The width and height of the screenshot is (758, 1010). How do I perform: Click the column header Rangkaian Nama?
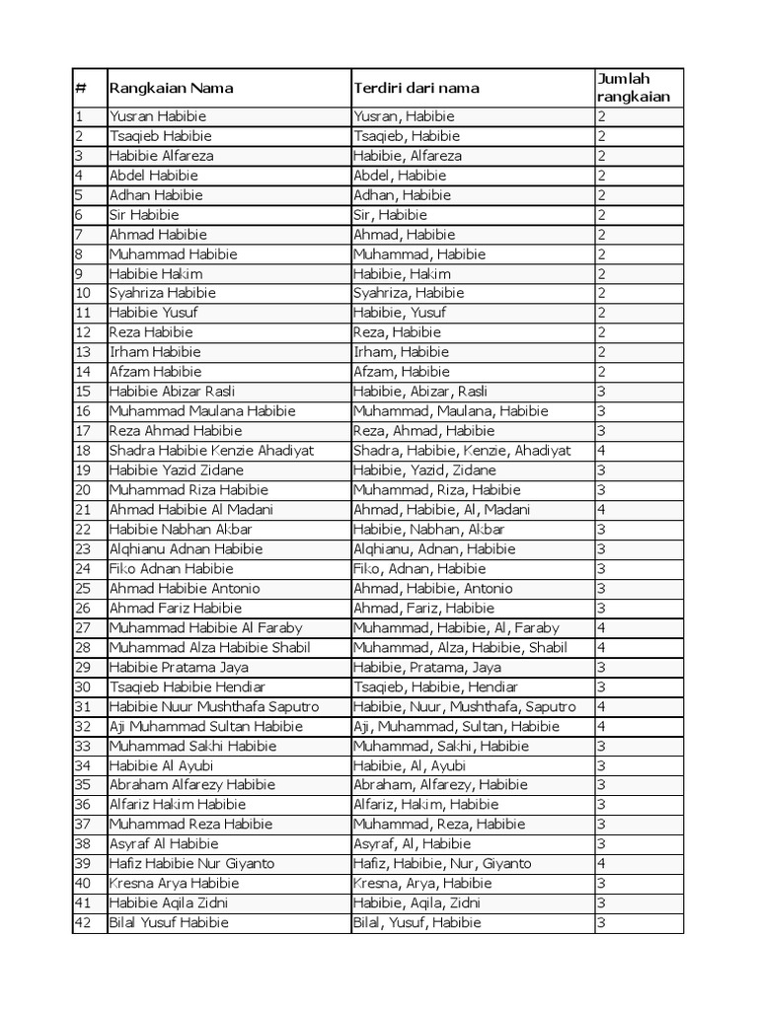(x=171, y=88)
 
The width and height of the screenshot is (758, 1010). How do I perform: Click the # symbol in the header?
(x=81, y=88)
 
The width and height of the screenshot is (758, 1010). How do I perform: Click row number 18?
(x=83, y=451)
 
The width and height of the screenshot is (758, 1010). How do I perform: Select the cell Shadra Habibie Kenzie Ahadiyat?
(x=211, y=451)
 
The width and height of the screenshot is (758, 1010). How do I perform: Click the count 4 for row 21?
(x=601, y=510)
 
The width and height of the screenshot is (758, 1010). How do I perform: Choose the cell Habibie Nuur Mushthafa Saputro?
(x=214, y=706)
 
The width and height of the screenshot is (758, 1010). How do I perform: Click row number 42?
(x=83, y=922)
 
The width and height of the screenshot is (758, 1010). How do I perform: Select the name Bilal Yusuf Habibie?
(x=169, y=922)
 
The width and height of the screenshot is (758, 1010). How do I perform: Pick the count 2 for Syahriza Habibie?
(x=601, y=293)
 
